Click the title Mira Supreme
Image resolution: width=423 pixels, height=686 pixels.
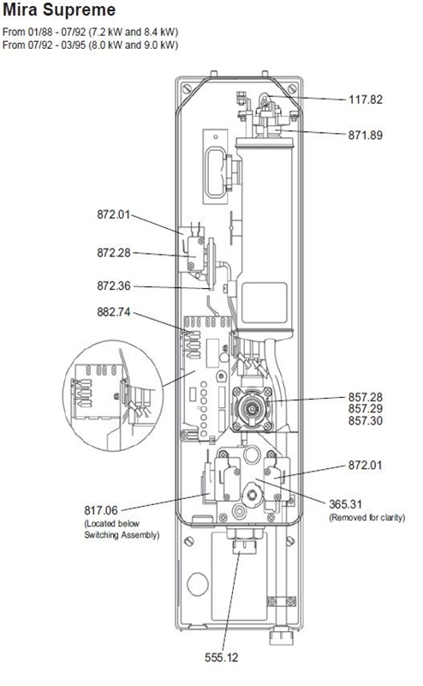point(59,10)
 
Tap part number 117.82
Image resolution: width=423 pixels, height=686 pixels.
point(366,99)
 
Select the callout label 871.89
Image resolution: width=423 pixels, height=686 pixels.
point(366,135)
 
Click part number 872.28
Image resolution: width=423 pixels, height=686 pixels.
point(114,253)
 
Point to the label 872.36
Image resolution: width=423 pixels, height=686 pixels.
point(114,286)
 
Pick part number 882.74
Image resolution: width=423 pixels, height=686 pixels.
point(114,312)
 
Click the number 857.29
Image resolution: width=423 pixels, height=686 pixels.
point(366,409)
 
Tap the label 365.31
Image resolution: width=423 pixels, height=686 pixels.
point(346,504)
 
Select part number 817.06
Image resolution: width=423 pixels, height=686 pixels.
point(101,510)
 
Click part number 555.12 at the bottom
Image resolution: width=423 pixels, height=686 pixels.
point(222,658)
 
